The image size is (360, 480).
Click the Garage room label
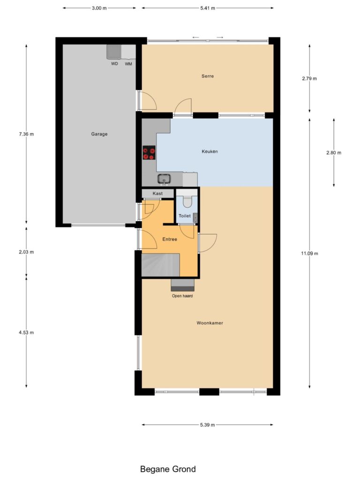tap(99, 134)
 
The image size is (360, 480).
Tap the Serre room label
tap(208, 76)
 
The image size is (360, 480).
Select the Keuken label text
tap(210, 151)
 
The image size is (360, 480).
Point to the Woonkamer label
tap(210, 323)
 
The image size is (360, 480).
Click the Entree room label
tap(170, 240)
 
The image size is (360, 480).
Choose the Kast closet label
tap(157, 194)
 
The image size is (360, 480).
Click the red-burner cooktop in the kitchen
tap(149, 152)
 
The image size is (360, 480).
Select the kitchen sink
tap(165, 179)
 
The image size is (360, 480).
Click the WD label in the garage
tap(114, 64)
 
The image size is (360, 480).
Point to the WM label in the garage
tap(128, 64)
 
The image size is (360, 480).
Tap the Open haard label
tap(182, 296)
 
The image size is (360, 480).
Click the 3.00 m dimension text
tap(99, 8)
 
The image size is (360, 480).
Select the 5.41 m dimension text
tap(208, 8)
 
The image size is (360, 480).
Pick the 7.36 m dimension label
tap(26, 134)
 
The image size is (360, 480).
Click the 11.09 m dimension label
tap(309, 254)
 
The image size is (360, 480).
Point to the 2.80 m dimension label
tap(334, 153)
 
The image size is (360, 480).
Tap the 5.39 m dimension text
tap(207, 425)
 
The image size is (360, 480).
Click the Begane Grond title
tap(168, 469)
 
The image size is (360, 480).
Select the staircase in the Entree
tap(160, 265)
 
